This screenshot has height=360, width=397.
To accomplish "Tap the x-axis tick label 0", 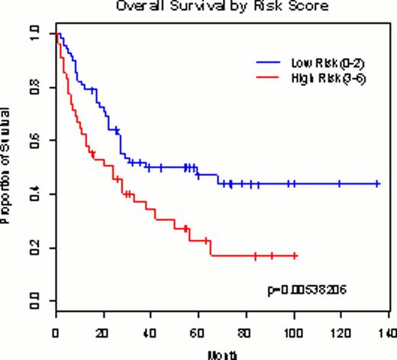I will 55,334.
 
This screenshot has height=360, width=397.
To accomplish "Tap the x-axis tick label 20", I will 102,334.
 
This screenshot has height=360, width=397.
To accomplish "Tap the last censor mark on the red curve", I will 295,255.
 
